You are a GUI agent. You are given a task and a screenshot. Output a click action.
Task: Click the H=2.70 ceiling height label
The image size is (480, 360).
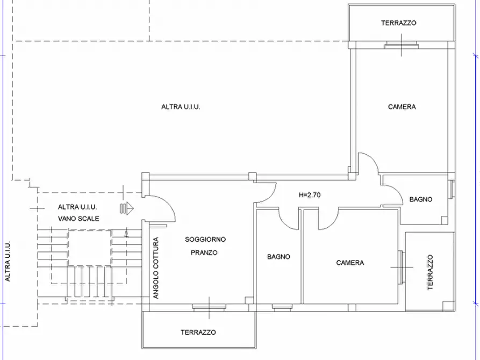click(x=310, y=195)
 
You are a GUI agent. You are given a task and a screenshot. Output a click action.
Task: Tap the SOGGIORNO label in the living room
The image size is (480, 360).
click(x=205, y=240)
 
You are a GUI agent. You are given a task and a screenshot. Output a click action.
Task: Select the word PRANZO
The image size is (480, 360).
click(x=204, y=253)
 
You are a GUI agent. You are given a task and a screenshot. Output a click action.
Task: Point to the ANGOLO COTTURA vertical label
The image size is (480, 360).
click(x=156, y=268)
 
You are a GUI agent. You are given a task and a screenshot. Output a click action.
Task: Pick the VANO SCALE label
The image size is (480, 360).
click(x=78, y=219)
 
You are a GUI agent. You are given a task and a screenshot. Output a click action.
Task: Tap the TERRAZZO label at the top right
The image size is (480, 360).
click(x=399, y=23)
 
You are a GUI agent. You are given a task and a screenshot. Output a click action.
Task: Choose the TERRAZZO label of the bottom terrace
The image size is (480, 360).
click(x=198, y=332)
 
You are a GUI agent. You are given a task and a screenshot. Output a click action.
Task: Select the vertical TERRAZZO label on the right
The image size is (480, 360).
click(x=430, y=272)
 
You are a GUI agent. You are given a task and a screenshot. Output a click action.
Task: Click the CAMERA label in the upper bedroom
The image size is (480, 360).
click(x=402, y=107)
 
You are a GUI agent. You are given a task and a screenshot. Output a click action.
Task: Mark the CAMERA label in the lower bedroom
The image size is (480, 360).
click(x=350, y=263)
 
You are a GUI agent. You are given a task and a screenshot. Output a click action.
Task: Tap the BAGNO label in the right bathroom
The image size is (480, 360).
click(x=421, y=199)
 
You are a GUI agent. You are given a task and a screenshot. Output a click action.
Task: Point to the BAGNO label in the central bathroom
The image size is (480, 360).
click(x=278, y=256)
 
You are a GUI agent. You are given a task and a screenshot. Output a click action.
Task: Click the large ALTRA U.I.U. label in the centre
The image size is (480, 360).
click(x=181, y=107)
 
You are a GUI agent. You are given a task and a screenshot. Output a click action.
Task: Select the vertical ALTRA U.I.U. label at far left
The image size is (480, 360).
click(x=8, y=262)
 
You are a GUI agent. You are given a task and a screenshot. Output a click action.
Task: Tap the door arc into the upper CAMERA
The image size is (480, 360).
click(x=374, y=159)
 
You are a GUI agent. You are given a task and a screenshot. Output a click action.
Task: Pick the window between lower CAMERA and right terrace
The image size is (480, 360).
click(x=402, y=268)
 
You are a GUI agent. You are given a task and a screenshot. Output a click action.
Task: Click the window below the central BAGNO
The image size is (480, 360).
click(x=282, y=307)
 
